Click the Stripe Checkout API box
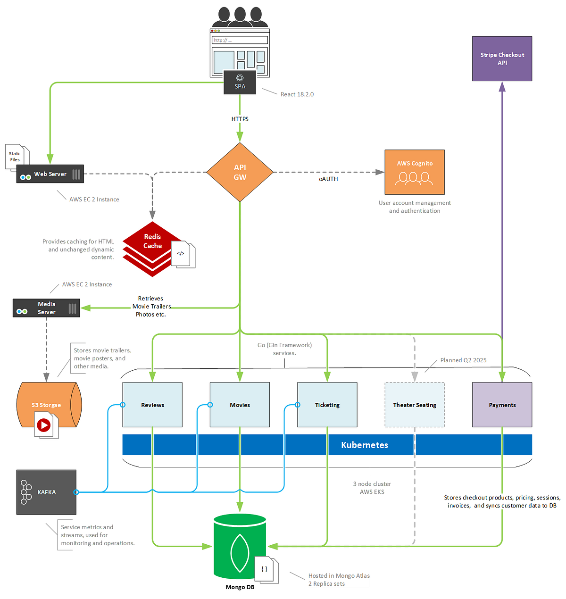coord(502,58)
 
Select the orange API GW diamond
coord(240,172)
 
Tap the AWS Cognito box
coord(415,172)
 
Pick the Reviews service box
coord(152,405)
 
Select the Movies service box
coord(240,405)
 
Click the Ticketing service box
coord(327,405)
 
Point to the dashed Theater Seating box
coord(415,405)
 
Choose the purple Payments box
coord(502,405)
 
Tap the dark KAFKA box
coord(46,492)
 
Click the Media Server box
coord(46,308)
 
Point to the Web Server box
coord(50,174)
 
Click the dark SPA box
coord(240,83)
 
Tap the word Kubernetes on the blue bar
coord(365,445)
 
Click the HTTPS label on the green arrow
coord(240,119)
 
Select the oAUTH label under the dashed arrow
coord(328,179)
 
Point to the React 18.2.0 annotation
coord(297,94)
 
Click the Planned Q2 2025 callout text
coord(463,360)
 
